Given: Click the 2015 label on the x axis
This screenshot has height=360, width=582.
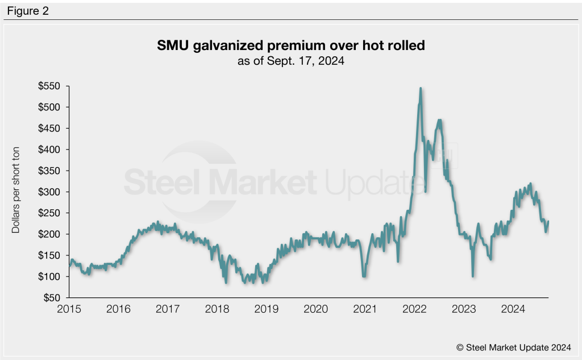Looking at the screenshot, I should click(x=69, y=309).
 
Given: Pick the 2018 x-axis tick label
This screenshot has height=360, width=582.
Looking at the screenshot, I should click(x=217, y=309).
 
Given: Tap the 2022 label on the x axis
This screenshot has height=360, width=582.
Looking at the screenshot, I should click(x=414, y=309).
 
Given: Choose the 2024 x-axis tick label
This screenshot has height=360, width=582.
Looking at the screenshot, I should click(x=513, y=309).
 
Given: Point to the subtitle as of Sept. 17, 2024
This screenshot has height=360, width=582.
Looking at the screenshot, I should click(x=290, y=61).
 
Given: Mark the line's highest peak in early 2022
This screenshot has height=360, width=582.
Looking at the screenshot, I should click(x=420, y=88).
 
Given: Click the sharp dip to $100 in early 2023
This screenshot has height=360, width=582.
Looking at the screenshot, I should click(x=473, y=276).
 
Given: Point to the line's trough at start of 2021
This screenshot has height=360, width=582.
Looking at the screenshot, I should click(x=364, y=276).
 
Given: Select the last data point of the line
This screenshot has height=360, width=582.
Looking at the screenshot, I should click(x=548, y=221).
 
